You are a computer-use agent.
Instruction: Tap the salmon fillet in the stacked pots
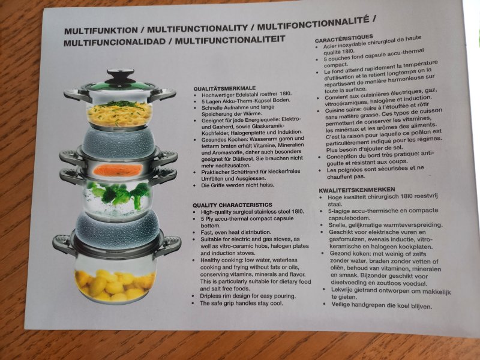click(118, 170)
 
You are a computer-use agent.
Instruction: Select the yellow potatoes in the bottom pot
click(115, 284)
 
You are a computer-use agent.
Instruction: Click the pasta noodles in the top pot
click(119, 114)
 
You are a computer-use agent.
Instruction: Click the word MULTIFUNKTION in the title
click(101, 31)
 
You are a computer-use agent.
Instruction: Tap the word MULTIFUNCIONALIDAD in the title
click(115, 42)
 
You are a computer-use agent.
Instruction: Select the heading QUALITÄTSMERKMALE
click(224, 88)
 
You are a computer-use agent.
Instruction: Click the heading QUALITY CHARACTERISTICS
click(232, 205)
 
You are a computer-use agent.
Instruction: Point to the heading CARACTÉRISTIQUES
click(344, 38)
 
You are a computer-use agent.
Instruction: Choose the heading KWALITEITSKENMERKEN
click(357, 190)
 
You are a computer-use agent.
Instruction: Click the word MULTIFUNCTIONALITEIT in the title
click(230, 40)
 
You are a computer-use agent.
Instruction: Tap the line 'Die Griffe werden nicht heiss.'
click(238, 185)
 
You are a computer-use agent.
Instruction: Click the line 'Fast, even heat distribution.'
click(236, 232)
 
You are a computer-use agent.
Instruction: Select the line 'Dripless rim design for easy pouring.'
click(248, 296)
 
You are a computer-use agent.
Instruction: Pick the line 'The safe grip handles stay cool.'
click(241, 303)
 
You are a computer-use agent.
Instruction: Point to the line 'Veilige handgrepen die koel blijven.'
click(382, 305)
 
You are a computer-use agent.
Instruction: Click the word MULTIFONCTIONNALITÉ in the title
click(313, 24)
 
